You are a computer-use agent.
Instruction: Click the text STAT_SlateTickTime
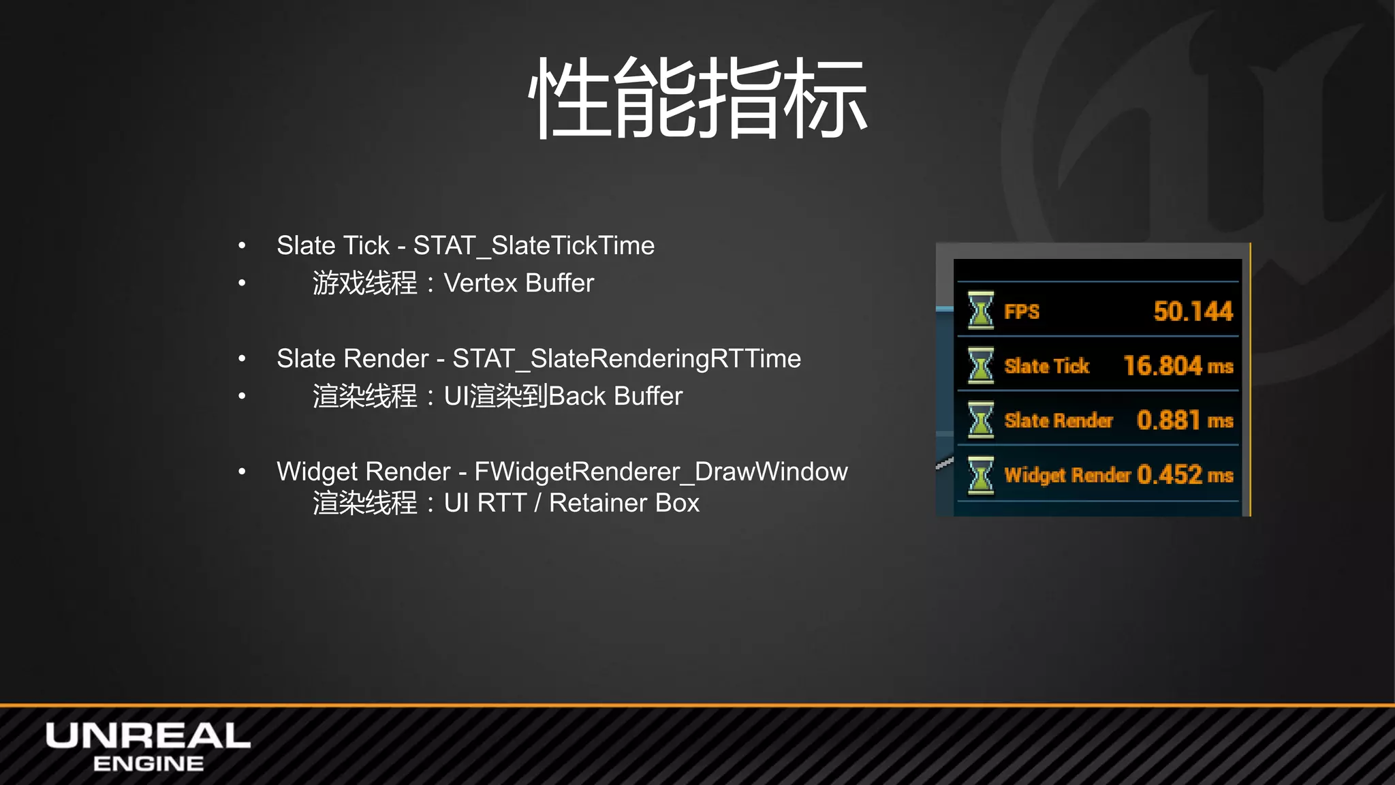tap(533, 246)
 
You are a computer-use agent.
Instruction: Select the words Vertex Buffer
tap(518, 283)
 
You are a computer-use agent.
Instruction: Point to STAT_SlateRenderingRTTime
tap(626, 359)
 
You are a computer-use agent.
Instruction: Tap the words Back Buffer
tap(615, 397)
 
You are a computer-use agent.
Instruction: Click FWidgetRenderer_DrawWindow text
tap(661, 472)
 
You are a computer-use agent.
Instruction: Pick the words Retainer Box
tap(624, 504)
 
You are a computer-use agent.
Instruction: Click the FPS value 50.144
tap(1193, 311)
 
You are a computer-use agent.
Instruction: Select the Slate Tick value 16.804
tap(1162, 366)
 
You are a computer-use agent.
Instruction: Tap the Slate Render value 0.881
tap(1168, 420)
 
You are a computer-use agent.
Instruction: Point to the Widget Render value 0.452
tap(1170, 474)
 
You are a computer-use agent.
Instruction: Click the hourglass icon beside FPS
tap(981, 311)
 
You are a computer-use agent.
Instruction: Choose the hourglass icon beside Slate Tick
tap(981, 365)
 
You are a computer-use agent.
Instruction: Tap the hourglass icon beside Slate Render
tap(981, 420)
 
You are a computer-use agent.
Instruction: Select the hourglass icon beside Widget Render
tap(981, 474)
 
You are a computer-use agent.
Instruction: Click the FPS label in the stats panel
tap(1022, 312)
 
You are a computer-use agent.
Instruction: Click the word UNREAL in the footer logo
tap(148, 736)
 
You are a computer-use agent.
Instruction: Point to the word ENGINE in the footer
tap(148, 764)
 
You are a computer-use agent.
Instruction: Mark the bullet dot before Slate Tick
tap(242, 246)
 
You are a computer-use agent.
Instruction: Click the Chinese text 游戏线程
tap(364, 283)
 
